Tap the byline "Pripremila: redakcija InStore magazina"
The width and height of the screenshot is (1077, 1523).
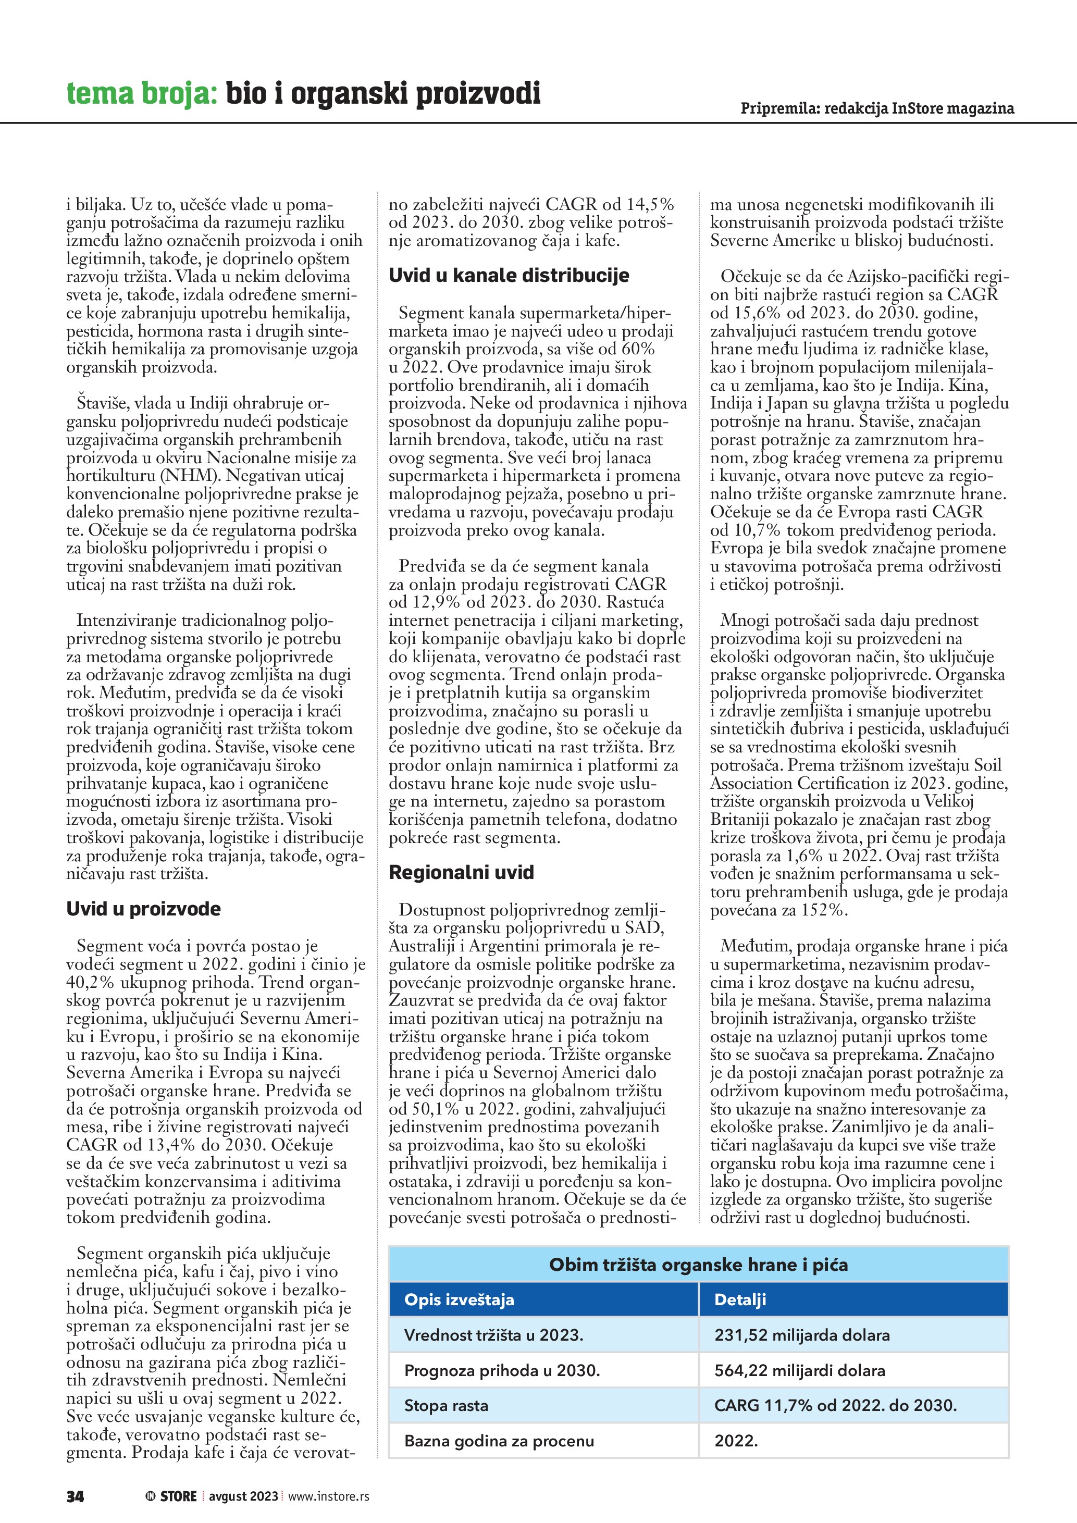coord(877,108)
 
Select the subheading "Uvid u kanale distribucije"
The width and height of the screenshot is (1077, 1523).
coord(509,275)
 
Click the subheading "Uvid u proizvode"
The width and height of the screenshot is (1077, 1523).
coord(143,909)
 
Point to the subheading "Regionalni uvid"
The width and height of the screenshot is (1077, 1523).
coord(461,872)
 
